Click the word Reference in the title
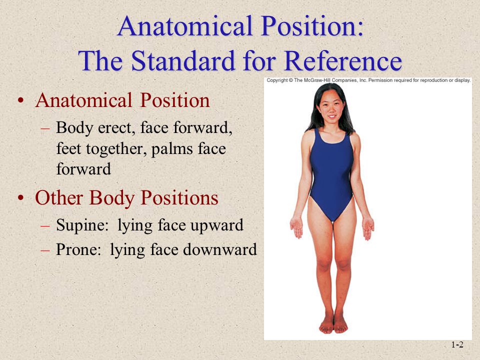click(343, 60)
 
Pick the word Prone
click(78, 249)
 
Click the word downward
click(220, 249)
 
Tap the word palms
click(171, 149)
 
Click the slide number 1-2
click(457, 344)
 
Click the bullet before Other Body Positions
click(21, 197)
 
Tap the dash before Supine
click(45, 226)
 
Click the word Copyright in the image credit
click(277, 80)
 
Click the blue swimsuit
click(331, 174)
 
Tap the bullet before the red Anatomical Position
click(21, 100)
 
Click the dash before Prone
click(45, 250)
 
